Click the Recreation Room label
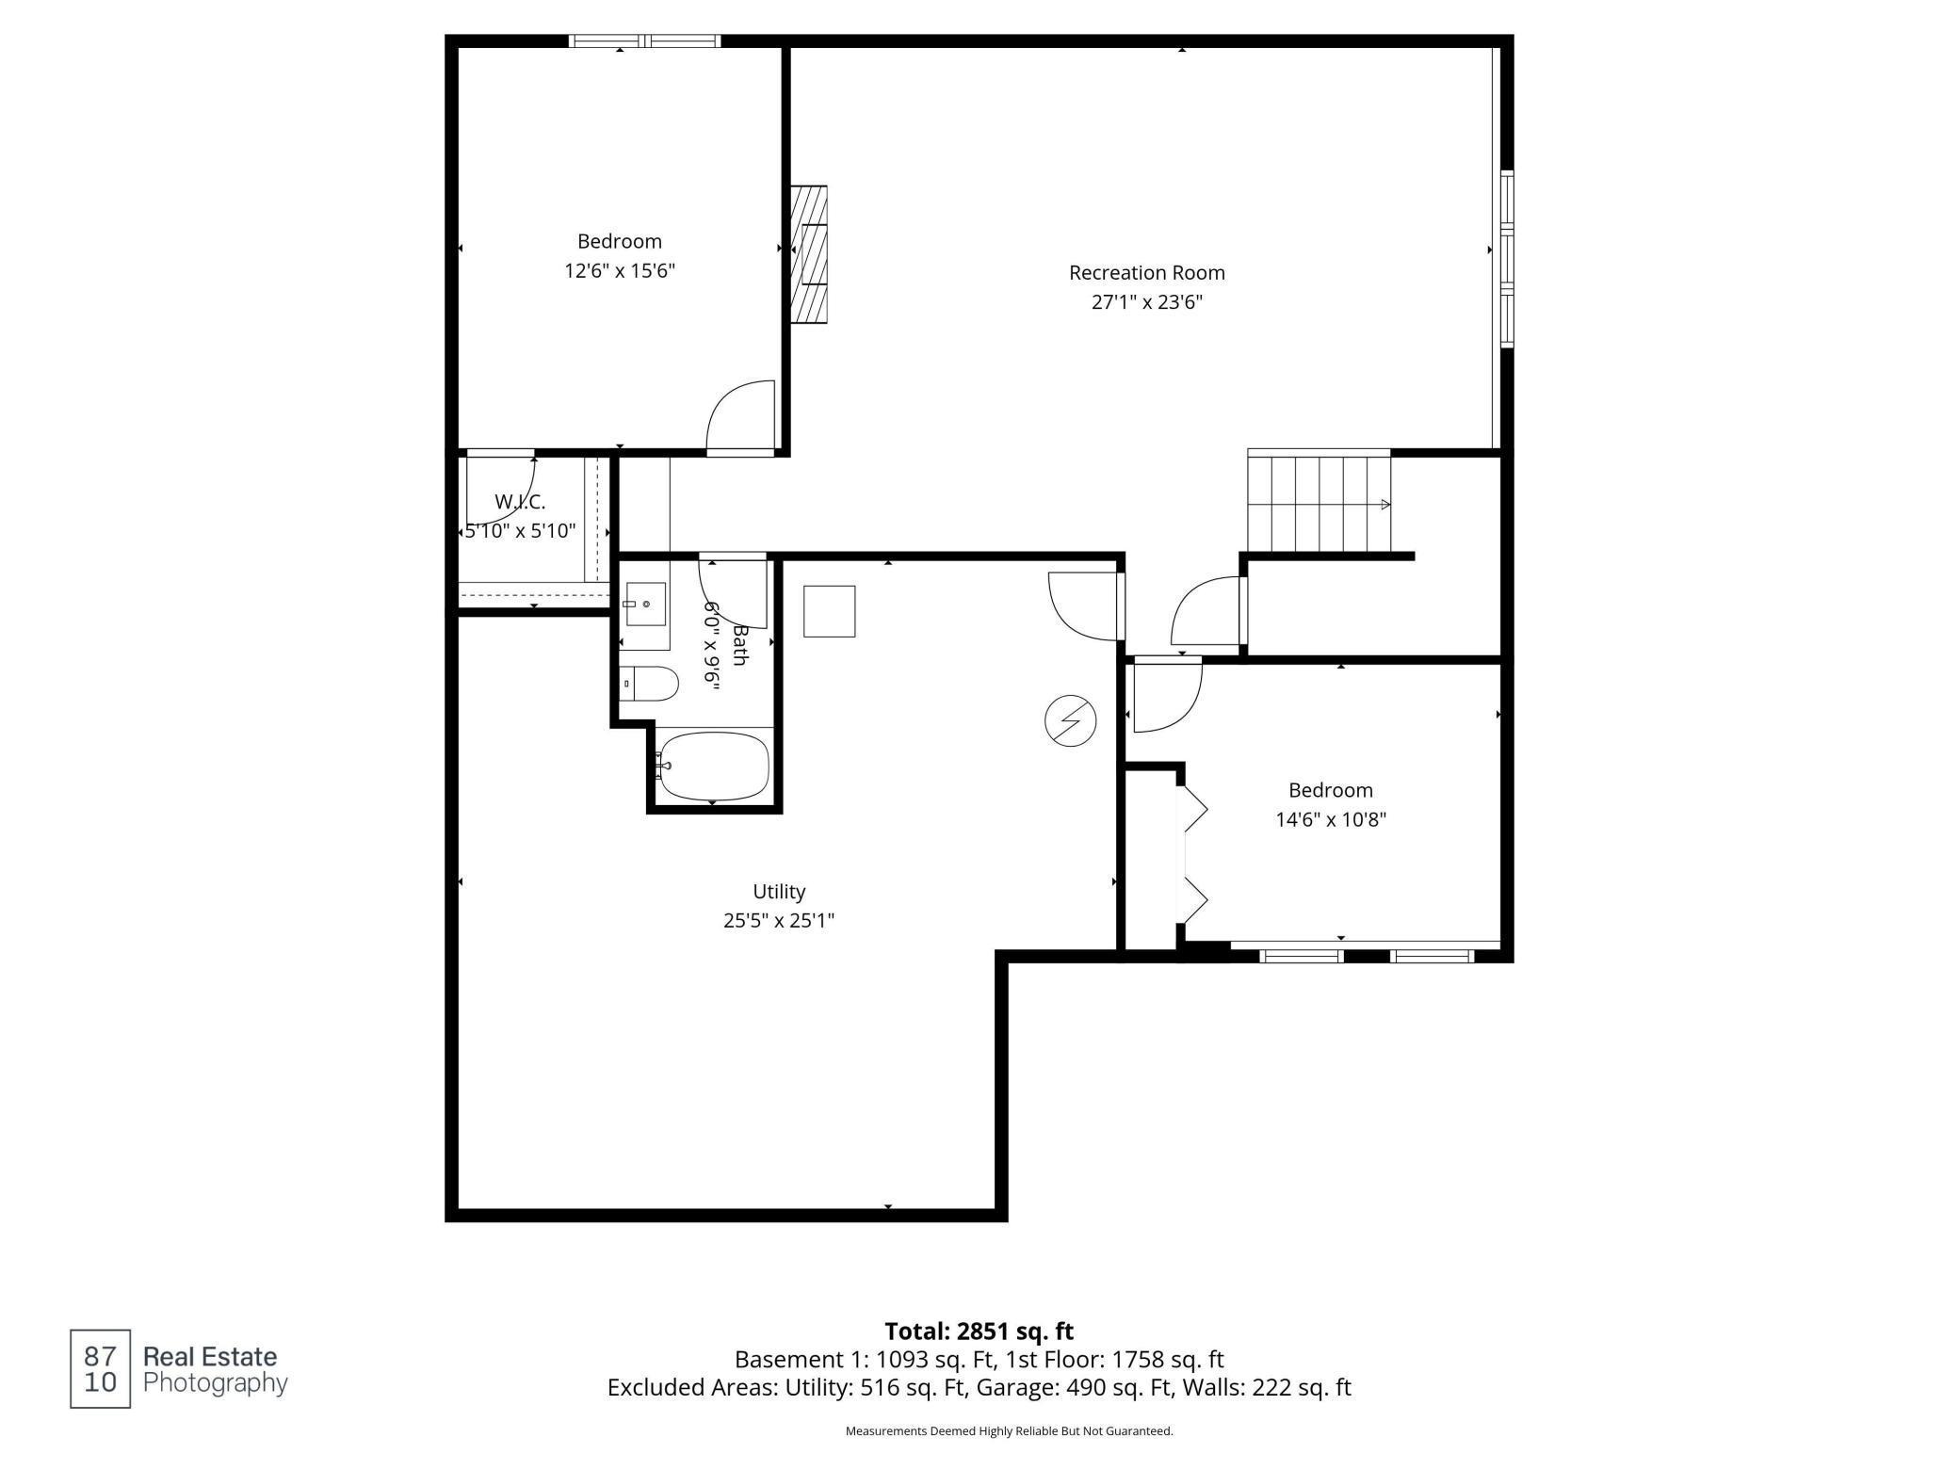click(1146, 273)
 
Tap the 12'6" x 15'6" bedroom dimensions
click(620, 271)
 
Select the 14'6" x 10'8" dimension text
click(1330, 820)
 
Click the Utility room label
click(779, 892)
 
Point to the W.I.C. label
click(520, 502)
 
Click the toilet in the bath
click(651, 684)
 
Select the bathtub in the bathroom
click(713, 766)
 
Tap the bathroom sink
click(646, 604)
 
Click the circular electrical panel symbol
click(1071, 721)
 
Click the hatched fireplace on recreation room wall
click(808, 255)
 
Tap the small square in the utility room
click(829, 611)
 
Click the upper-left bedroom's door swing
click(741, 416)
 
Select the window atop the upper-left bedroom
click(645, 41)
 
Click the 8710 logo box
click(100, 1369)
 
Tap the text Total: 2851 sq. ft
click(979, 1332)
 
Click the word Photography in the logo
click(215, 1383)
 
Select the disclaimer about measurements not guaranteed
click(1009, 1431)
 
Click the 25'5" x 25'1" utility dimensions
click(779, 921)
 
